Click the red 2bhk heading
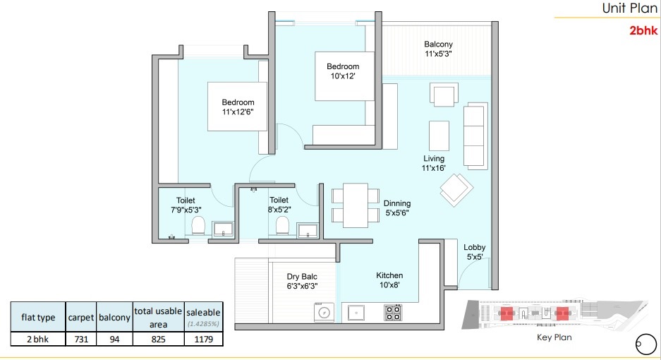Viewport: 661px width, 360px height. coord(643,30)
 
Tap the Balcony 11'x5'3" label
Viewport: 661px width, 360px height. coord(438,49)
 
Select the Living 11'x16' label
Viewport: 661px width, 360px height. coord(434,163)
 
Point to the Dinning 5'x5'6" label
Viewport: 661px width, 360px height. coord(397,208)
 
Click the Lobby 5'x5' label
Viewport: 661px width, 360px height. coord(475,252)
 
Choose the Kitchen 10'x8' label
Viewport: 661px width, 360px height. coord(389,280)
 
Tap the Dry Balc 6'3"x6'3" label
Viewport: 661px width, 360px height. coord(302,281)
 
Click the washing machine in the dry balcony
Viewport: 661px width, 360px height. coord(324,312)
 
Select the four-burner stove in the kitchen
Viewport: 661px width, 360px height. coord(393,313)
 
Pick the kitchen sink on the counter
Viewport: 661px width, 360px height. coord(356,313)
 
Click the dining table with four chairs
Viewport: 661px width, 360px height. coord(356,205)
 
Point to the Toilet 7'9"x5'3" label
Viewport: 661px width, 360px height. coord(186,205)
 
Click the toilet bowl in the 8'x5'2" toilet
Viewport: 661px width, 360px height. coord(282,225)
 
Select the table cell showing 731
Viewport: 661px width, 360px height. coord(81,339)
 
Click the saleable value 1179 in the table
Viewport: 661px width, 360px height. coord(204,339)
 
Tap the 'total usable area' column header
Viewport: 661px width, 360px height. coord(158,318)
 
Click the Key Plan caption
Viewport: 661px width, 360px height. coord(554,337)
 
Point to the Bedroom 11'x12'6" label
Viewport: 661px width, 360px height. coord(238,107)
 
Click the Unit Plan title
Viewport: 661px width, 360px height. coord(629,8)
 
